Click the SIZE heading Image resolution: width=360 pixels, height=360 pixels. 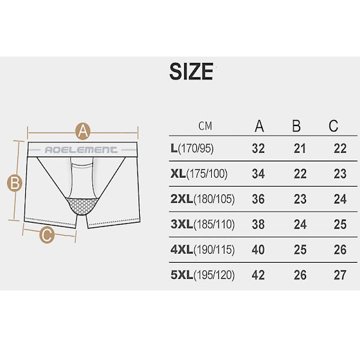[x=191, y=71]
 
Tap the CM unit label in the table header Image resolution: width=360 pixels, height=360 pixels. [x=205, y=126]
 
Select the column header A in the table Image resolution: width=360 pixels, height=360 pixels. [x=259, y=126]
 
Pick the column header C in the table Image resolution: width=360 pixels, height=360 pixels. [x=334, y=126]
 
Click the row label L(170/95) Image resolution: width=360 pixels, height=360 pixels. [x=192, y=149]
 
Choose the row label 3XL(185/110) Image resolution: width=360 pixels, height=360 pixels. [x=203, y=224]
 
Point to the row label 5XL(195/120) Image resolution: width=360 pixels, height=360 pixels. [x=203, y=275]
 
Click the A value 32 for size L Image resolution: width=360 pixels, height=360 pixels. [x=258, y=149]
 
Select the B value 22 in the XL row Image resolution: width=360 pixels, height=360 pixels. [x=300, y=174]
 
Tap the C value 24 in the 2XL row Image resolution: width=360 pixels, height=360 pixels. [x=340, y=199]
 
